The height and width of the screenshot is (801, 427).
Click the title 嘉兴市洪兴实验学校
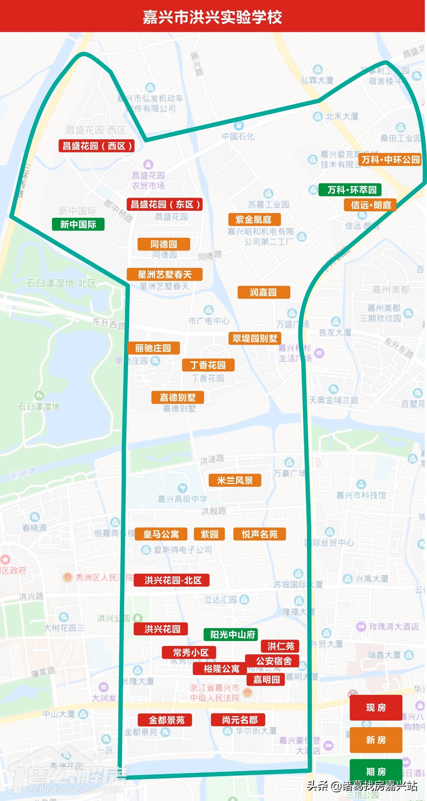[x=212, y=17]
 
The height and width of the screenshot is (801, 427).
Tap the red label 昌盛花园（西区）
[x=96, y=146]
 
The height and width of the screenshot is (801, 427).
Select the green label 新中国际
[x=78, y=224]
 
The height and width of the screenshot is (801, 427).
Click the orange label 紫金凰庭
[x=254, y=219]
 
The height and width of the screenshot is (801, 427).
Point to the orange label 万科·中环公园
[x=391, y=160]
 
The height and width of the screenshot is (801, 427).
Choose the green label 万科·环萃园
[x=350, y=190]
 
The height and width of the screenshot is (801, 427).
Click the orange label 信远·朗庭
[x=370, y=205]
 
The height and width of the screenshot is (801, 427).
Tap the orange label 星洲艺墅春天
[x=164, y=274]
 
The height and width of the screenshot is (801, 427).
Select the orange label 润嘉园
[x=264, y=292]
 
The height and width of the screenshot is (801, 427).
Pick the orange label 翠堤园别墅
[x=255, y=338]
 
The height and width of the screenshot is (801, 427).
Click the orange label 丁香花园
[x=208, y=365]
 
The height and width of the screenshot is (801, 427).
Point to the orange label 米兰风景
[x=235, y=480]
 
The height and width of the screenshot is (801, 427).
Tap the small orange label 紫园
[x=209, y=534]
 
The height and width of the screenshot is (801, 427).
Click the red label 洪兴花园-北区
[x=171, y=580]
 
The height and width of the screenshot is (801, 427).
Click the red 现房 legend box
[x=376, y=707]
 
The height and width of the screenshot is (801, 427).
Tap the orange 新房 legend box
[x=376, y=740]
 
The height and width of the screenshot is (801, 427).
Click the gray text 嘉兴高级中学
[x=182, y=499]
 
